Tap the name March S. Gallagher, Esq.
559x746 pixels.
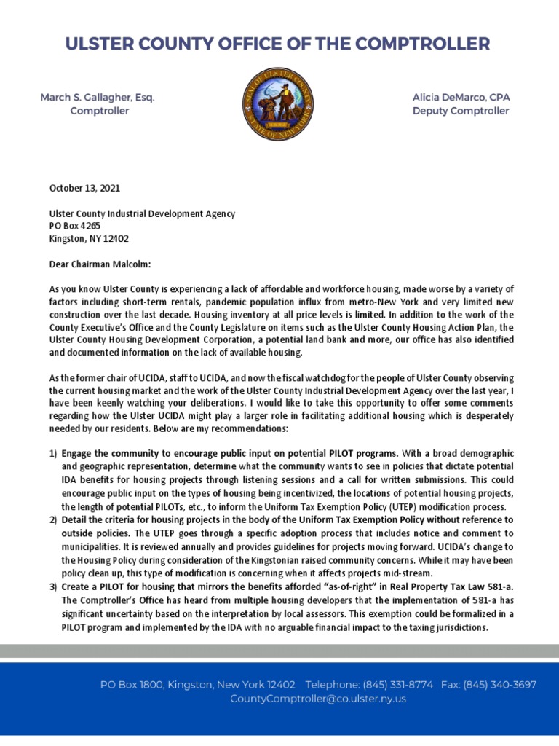point(98,97)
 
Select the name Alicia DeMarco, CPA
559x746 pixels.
point(461,97)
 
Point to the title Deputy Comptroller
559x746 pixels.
point(461,111)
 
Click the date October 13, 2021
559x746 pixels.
point(84,188)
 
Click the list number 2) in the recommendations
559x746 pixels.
point(53,519)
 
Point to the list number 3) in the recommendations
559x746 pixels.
point(53,587)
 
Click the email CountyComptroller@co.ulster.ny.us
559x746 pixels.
point(318,699)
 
